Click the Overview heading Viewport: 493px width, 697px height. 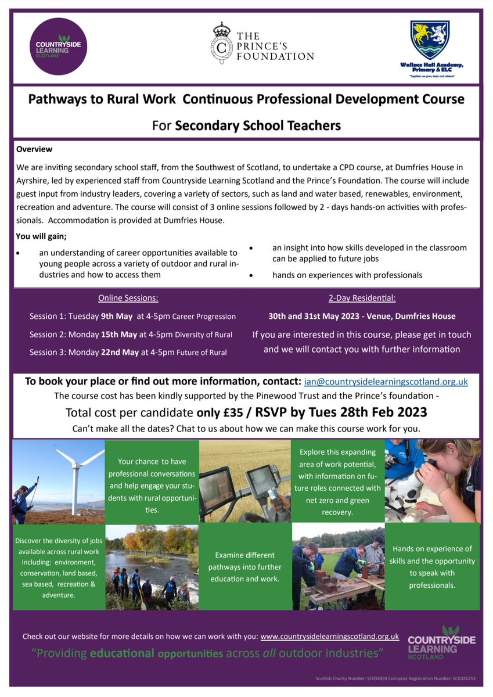(x=34, y=149)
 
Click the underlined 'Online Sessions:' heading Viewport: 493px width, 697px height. (x=128, y=298)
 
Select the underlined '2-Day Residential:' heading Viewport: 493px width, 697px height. (x=362, y=298)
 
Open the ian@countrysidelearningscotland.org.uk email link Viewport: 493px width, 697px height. (x=385, y=382)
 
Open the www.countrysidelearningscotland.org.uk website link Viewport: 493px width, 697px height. (x=329, y=636)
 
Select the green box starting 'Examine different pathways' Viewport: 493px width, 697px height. (x=245, y=567)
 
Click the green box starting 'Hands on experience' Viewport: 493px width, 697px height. (x=433, y=566)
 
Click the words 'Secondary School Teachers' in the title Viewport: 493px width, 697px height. (x=258, y=125)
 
